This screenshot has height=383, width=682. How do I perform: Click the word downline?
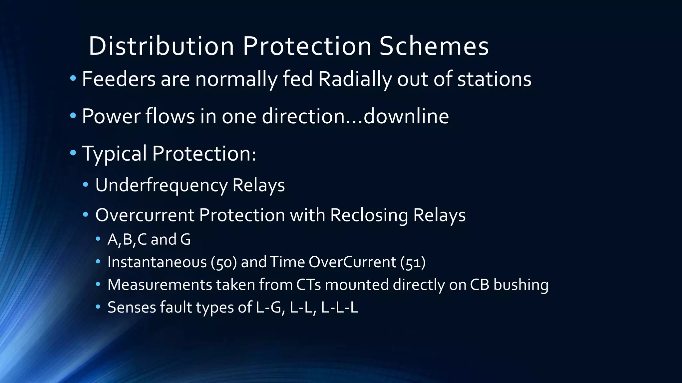406,116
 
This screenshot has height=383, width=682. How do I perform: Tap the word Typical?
114,154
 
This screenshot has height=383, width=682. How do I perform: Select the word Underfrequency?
161,185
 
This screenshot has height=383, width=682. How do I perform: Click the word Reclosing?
369,215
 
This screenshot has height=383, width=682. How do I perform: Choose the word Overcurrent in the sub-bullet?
145,215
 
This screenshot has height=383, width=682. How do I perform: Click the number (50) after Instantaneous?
224,262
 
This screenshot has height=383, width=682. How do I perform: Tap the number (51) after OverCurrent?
413,262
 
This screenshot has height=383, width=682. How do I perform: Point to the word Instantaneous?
157,262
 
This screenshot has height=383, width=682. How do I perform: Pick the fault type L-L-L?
340,308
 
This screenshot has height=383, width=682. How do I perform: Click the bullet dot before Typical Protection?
73,153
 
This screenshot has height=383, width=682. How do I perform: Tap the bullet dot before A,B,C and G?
98,239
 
